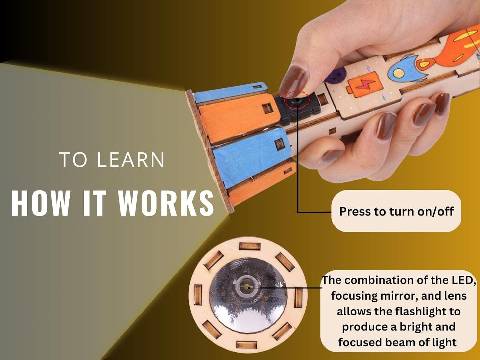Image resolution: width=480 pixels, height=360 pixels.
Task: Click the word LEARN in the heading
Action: (x=131, y=160)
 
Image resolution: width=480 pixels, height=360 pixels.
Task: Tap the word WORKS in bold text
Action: (x=166, y=203)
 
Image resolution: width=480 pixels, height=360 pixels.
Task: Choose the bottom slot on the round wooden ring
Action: (x=246, y=344)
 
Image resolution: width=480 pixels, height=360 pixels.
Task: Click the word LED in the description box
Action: (x=461, y=280)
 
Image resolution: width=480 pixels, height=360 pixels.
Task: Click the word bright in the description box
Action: (x=409, y=327)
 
